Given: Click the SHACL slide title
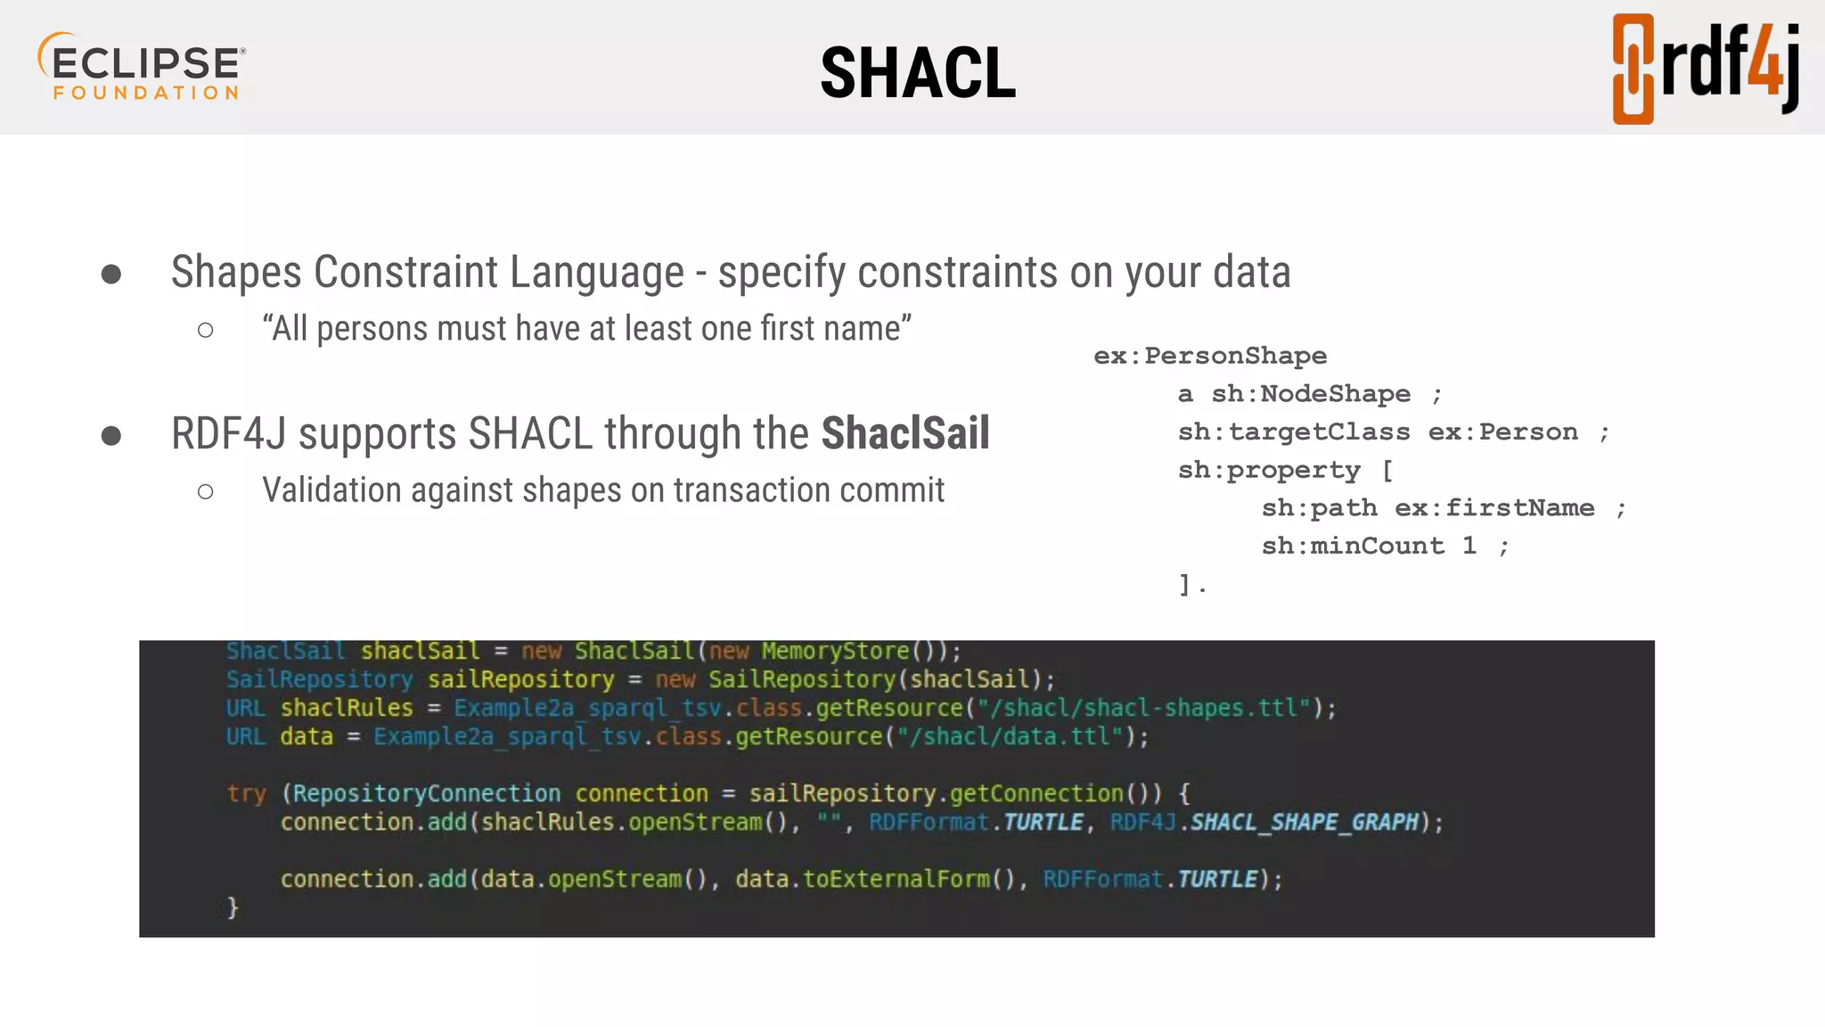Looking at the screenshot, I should coord(918,73).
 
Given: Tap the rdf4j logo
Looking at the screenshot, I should coord(1705,69).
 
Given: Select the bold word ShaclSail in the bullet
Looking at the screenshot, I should coord(904,434).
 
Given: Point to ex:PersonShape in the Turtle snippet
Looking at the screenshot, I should coord(1209,356).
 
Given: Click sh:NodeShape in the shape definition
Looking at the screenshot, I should coord(1310,394).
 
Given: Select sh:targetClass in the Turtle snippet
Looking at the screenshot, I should coord(1293,432).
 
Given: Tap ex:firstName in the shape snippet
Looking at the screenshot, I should coord(1494,508).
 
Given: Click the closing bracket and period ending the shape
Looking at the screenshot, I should coord(1191,585).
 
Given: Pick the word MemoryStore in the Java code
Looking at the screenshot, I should coord(835,652).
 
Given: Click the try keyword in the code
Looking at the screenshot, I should coord(246,793).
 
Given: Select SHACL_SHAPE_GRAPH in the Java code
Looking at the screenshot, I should coord(1304,822).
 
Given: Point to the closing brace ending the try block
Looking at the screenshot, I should coord(233,908).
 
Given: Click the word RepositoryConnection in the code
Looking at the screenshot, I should coord(427,793).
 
